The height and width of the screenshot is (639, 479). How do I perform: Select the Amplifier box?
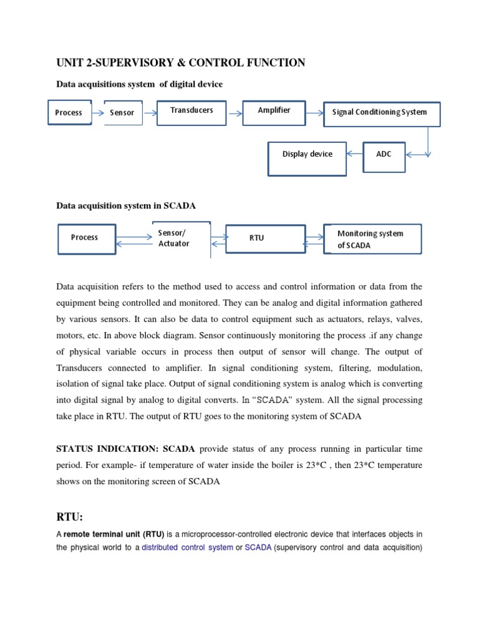[x=274, y=111]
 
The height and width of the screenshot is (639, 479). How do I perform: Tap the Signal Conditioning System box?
[x=382, y=114]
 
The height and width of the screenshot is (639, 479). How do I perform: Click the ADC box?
[x=384, y=155]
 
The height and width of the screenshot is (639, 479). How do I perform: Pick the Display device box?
[x=307, y=158]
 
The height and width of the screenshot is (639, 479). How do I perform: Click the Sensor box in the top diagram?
[x=122, y=113]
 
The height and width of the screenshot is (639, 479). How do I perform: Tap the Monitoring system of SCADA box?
[x=372, y=240]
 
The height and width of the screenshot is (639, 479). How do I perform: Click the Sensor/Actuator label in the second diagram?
[x=174, y=238]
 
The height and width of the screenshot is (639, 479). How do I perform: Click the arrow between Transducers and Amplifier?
[x=235, y=114]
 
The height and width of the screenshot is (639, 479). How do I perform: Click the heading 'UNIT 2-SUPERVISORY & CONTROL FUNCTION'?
[x=181, y=62]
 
